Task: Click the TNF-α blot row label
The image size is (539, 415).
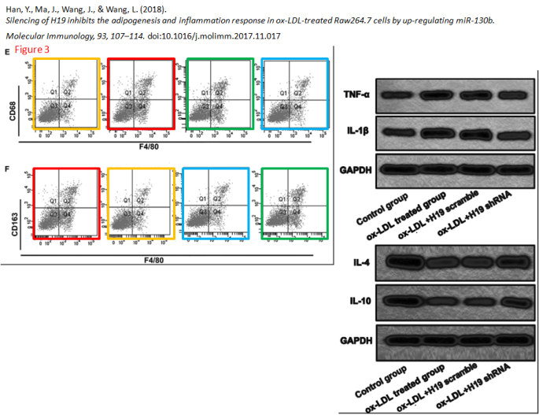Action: point(356,94)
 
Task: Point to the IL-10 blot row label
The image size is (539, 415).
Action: point(357,301)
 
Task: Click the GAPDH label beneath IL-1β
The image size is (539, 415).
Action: point(356,169)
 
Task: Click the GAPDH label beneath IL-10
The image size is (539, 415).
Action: point(356,340)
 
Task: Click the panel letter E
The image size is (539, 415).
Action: point(7,51)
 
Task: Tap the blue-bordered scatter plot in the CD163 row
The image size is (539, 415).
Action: point(214,208)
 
